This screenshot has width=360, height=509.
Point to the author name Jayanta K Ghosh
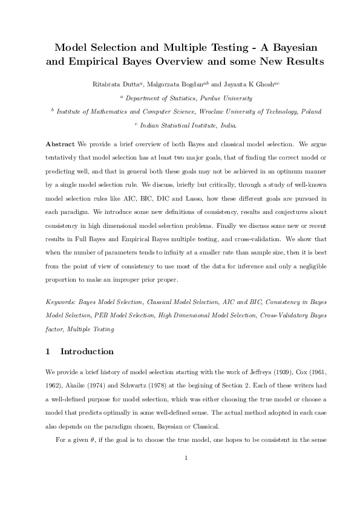[247, 85]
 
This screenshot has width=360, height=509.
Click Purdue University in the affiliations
[215, 98]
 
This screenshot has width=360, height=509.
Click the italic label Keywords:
[63, 301]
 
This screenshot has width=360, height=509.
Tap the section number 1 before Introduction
[48, 351]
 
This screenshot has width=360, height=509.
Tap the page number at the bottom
[186, 473]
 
